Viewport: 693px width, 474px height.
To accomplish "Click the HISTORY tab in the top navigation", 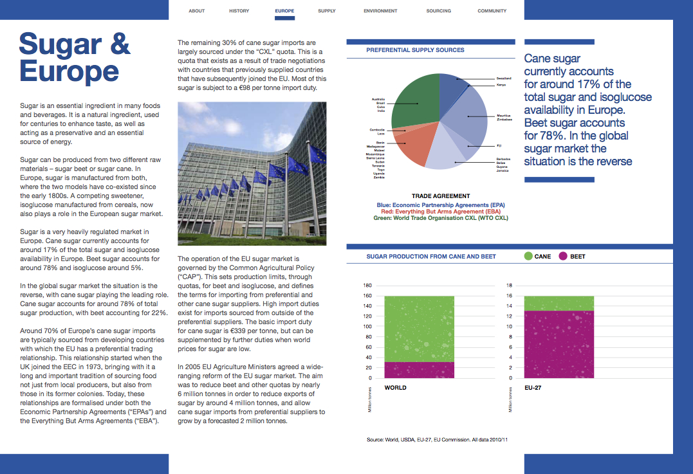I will tap(239, 11).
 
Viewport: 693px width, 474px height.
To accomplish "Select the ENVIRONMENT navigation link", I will tap(380, 11).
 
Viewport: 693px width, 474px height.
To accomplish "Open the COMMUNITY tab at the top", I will tap(492, 11).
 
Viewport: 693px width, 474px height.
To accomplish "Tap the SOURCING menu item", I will tap(438, 11).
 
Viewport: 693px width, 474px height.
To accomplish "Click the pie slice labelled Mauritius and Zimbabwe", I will tap(467, 116).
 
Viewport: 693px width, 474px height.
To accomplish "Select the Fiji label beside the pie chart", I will tap(499, 145).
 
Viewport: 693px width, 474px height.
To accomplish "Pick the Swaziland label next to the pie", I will tap(504, 78).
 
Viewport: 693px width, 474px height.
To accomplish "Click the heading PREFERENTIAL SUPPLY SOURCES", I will tap(415, 50).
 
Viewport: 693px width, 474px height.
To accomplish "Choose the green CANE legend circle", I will tap(528, 256).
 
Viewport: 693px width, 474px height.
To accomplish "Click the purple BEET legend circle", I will tap(563, 256).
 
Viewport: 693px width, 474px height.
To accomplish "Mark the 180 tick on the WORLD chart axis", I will tap(368, 285).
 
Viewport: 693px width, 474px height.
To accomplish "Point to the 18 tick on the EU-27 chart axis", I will tap(510, 285).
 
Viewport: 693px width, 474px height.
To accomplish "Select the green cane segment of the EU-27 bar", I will tap(559, 303).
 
